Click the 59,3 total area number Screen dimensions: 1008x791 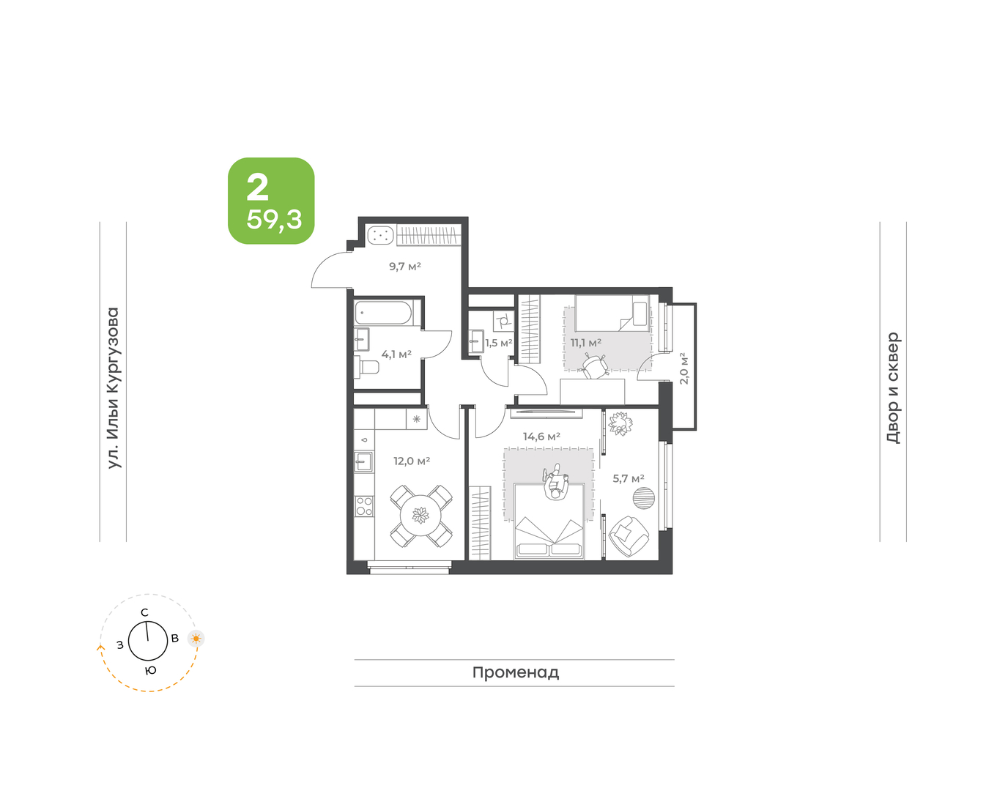[x=274, y=219]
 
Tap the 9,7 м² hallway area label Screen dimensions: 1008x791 [x=405, y=266]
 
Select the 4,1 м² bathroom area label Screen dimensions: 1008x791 [x=396, y=354]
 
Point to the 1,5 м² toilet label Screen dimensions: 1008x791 [x=499, y=343]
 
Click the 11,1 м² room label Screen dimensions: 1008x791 [x=585, y=343]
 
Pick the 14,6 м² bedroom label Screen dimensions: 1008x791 [x=541, y=437]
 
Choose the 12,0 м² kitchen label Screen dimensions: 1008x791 [x=412, y=461]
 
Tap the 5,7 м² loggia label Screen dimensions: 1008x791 [x=628, y=478]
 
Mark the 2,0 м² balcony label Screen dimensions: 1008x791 [x=683, y=368]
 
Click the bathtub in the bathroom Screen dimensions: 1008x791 [x=383, y=313]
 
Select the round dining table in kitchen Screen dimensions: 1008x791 [x=420, y=516]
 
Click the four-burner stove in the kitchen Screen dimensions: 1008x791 [x=364, y=506]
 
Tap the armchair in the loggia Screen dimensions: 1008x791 [x=629, y=536]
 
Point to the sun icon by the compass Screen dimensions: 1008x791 [x=196, y=639]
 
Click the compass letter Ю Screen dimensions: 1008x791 [x=150, y=670]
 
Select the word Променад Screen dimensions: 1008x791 [x=516, y=672]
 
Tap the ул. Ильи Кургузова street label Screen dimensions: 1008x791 [x=114, y=387]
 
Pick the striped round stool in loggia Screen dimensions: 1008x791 [x=644, y=497]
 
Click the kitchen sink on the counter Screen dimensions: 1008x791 [x=363, y=462]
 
